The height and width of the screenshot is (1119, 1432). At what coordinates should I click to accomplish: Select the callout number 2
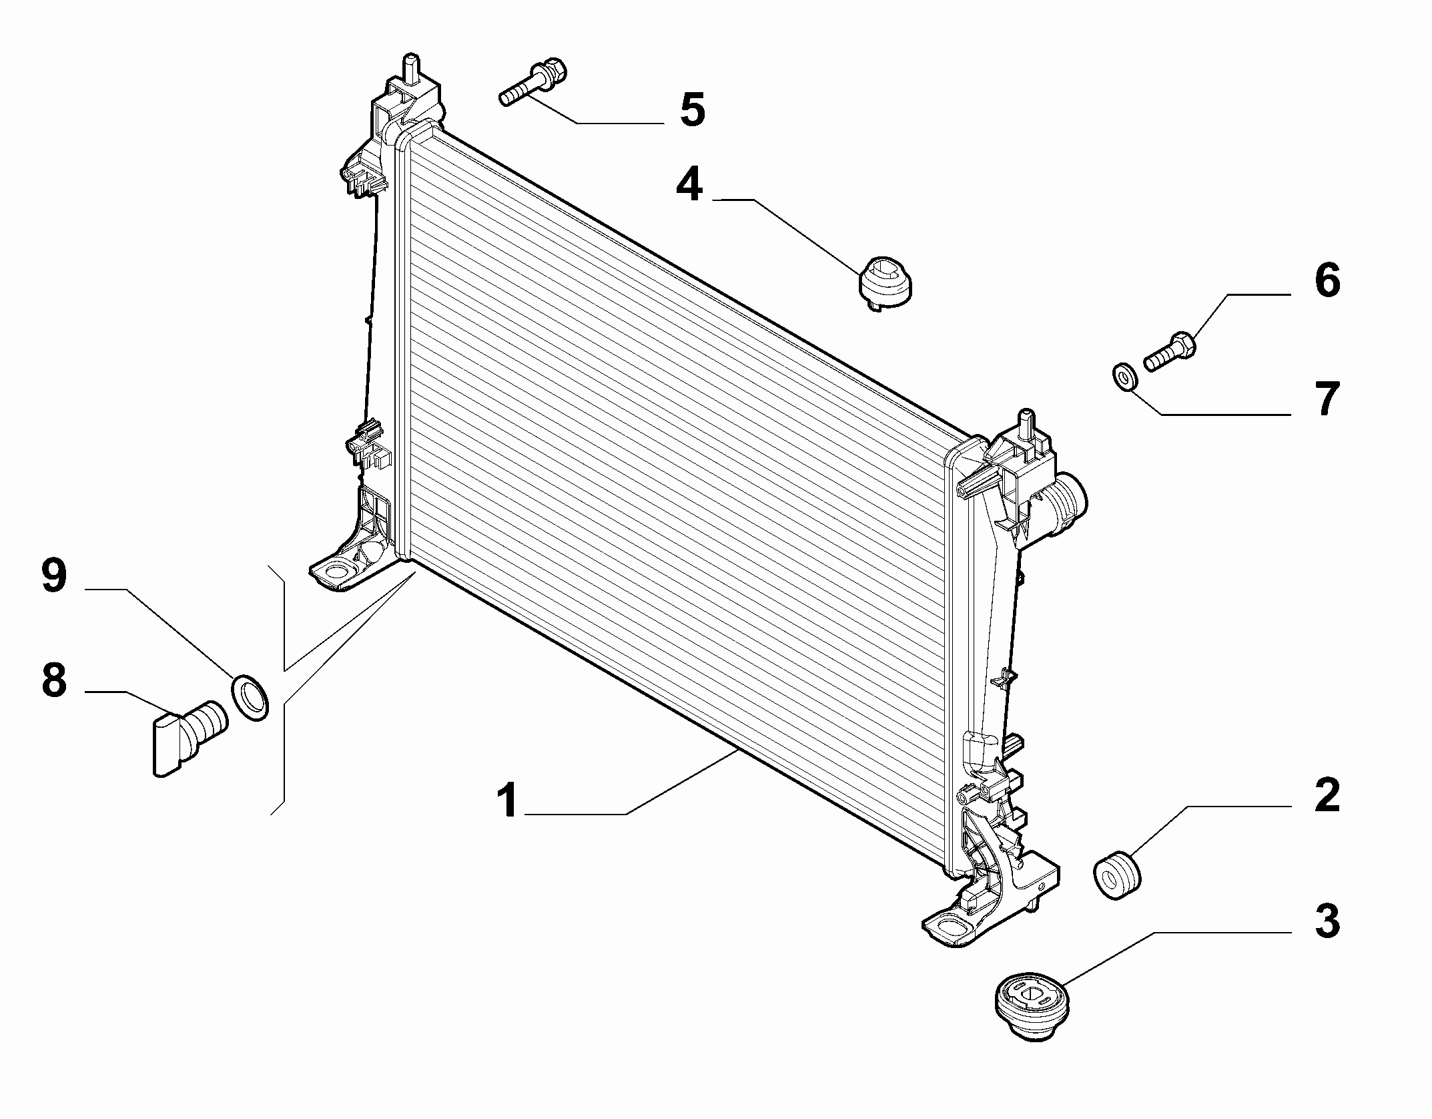pyautogui.click(x=1327, y=795)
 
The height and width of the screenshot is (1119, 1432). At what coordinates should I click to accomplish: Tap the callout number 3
pyautogui.click(x=1327, y=921)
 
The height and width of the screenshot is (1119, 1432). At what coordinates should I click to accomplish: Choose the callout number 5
pyautogui.click(x=692, y=109)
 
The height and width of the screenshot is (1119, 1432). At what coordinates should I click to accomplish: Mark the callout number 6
pyautogui.click(x=1327, y=280)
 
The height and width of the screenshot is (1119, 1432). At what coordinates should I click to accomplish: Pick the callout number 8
pyautogui.click(x=54, y=680)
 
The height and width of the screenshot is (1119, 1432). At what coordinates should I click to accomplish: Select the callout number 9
pyautogui.click(x=54, y=576)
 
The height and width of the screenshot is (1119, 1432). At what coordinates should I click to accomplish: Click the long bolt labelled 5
pyautogui.click(x=533, y=84)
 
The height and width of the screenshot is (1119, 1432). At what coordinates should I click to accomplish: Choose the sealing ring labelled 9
pyautogui.click(x=249, y=697)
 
